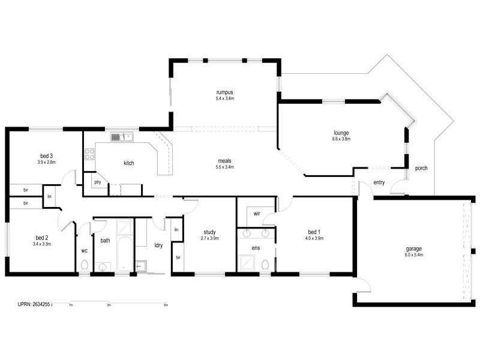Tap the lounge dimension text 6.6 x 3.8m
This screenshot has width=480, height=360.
341,139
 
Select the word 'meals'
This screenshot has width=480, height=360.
225,160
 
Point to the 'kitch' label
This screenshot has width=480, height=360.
128,163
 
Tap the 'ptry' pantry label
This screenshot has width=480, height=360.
96,181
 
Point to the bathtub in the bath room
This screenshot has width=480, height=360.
125,247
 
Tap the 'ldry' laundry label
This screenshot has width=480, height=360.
158,245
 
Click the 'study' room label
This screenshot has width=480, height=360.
209,232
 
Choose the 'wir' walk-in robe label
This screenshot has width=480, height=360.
256,213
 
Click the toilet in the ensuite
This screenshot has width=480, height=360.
265,264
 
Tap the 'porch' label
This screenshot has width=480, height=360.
421,168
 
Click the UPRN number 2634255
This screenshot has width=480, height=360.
39,305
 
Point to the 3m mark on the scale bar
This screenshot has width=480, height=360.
109,305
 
